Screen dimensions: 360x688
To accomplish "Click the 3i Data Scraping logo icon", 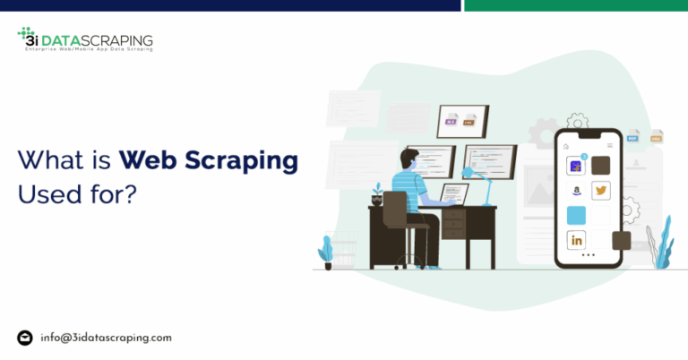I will click(x=27, y=38).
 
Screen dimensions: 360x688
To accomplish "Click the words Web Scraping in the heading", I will click(x=209, y=161).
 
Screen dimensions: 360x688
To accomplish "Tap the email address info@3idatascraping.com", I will click(x=106, y=338).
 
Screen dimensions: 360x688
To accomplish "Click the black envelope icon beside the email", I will click(x=25, y=338).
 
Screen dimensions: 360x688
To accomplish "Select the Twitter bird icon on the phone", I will click(x=600, y=191).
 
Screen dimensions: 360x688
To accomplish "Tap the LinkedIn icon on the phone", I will click(x=575, y=240).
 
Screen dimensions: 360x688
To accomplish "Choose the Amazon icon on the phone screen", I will click(x=575, y=191).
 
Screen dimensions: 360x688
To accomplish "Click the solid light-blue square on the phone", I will click(x=575, y=215).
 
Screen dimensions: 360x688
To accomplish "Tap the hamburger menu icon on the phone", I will click(x=610, y=144).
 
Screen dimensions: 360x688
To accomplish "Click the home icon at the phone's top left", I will click(x=566, y=144).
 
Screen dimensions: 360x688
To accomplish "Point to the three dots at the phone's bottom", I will click(x=588, y=256).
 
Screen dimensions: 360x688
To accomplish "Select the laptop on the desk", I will click(x=453, y=194).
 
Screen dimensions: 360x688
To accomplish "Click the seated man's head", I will click(x=408, y=159).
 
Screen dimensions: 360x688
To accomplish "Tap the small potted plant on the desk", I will click(x=378, y=192).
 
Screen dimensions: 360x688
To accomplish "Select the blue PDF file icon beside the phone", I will click(x=632, y=136).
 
